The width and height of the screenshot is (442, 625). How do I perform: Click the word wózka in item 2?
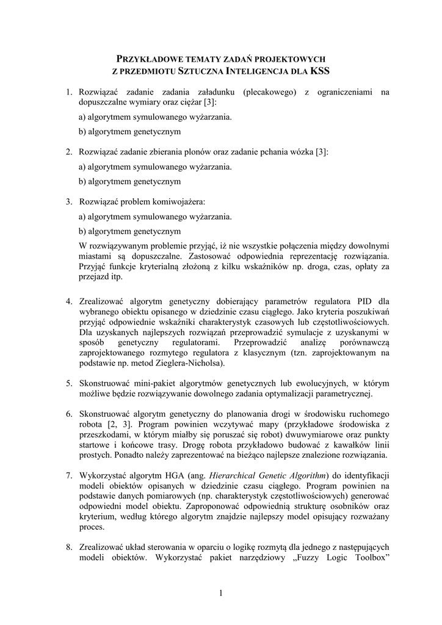(x=295, y=152)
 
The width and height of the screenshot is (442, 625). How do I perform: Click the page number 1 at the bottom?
(x=221, y=593)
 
